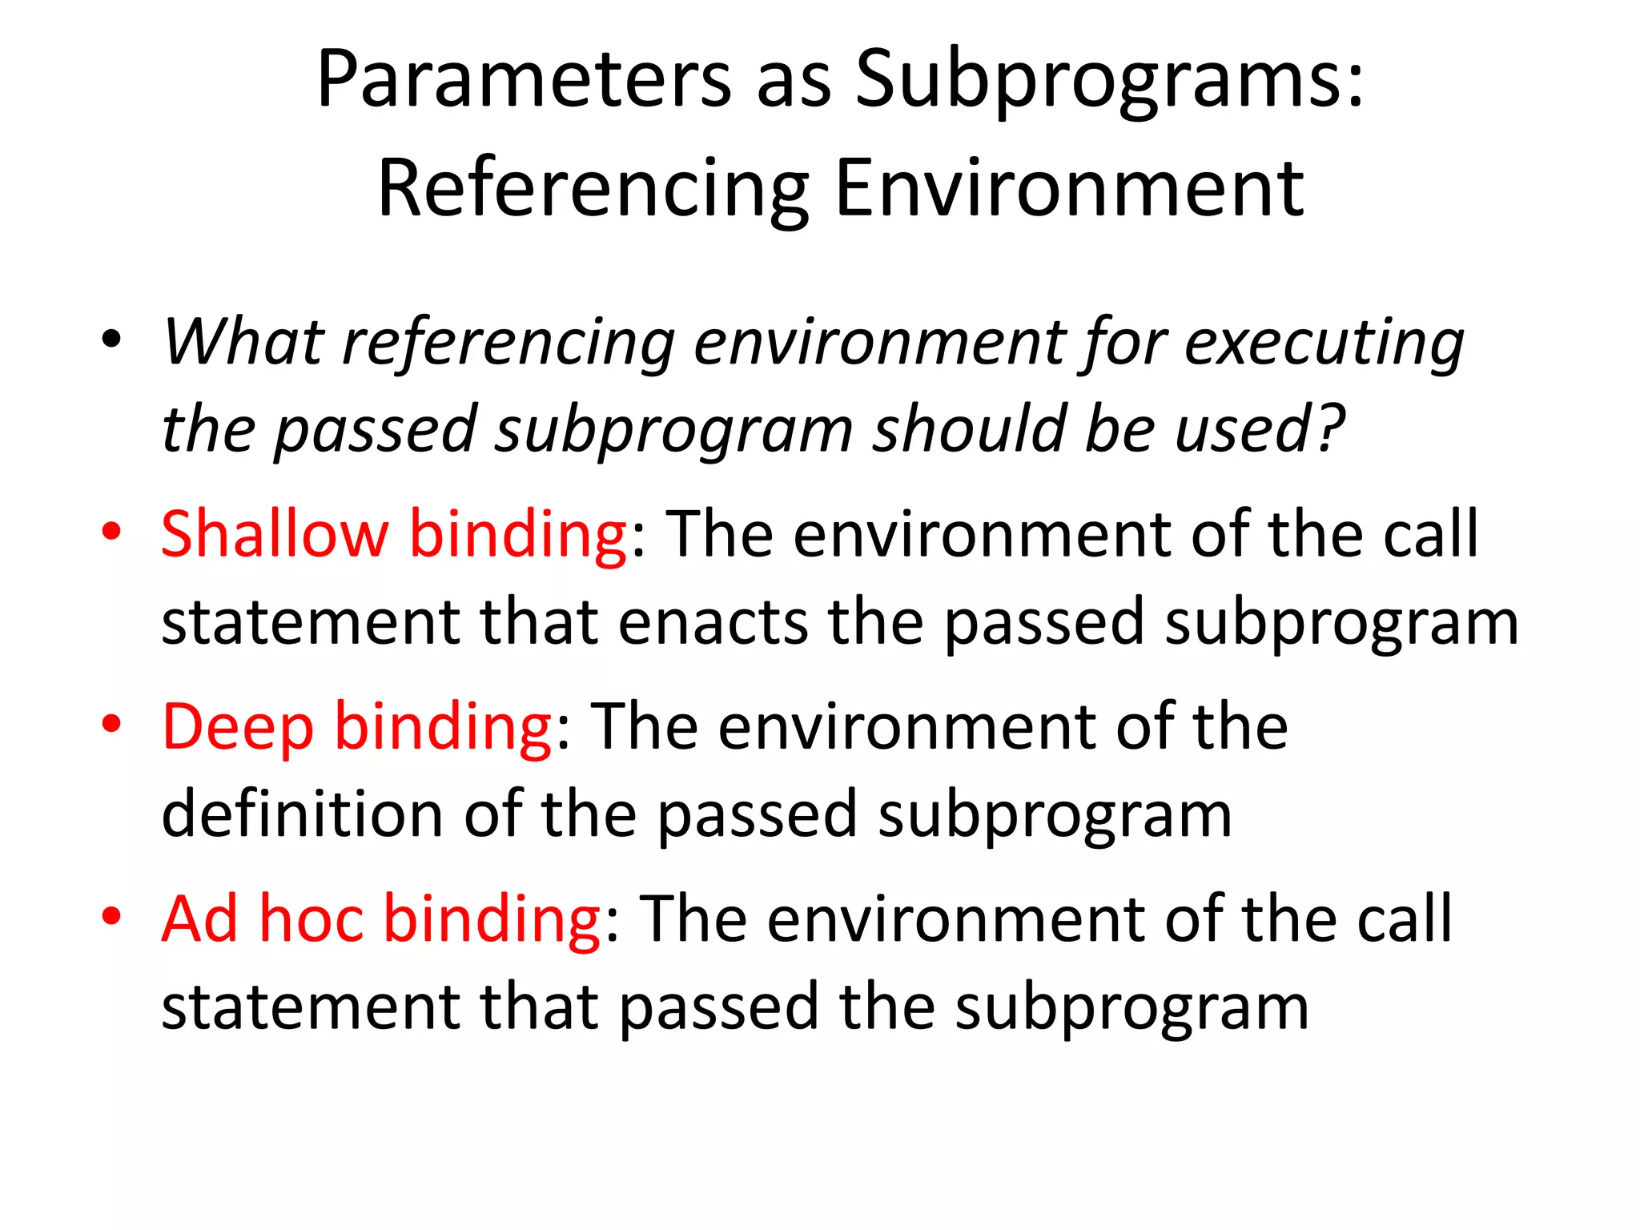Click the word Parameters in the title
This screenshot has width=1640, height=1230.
pyautogui.click(x=524, y=79)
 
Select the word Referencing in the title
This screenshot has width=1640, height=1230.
pyautogui.click(x=593, y=189)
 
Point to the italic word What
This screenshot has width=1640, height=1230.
pyautogui.click(x=243, y=342)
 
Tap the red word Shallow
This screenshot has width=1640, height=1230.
pyautogui.click(x=275, y=534)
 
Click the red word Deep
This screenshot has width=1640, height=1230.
pyautogui.click(x=238, y=728)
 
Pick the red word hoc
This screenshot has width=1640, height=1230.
pyautogui.click(x=312, y=918)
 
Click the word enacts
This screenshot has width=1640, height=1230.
pyautogui.click(x=713, y=622)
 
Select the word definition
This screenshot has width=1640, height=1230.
pyautogui.click(x=302, y=814)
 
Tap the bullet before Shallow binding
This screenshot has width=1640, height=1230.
pyautogui.click(x=111, y=533)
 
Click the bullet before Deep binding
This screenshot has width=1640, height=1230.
pyautogui.click(x=111, y=724)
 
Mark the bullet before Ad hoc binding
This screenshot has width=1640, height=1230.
pyautogui.click(x=111, y=915)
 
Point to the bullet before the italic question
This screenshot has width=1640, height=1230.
pyautogui.click(x=111, y=339)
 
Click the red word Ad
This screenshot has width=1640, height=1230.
pyautogui.click(x=199, y=918)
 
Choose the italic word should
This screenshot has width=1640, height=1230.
pyautogui.click(x=968, y=429)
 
